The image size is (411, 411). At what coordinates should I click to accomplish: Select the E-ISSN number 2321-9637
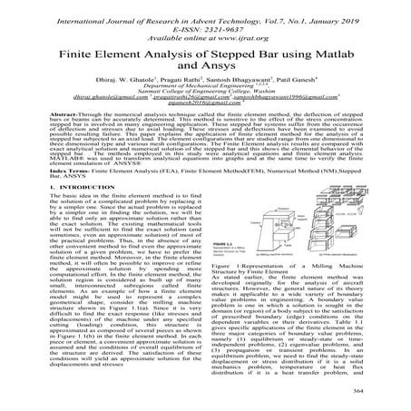click(x=216, y=23)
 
